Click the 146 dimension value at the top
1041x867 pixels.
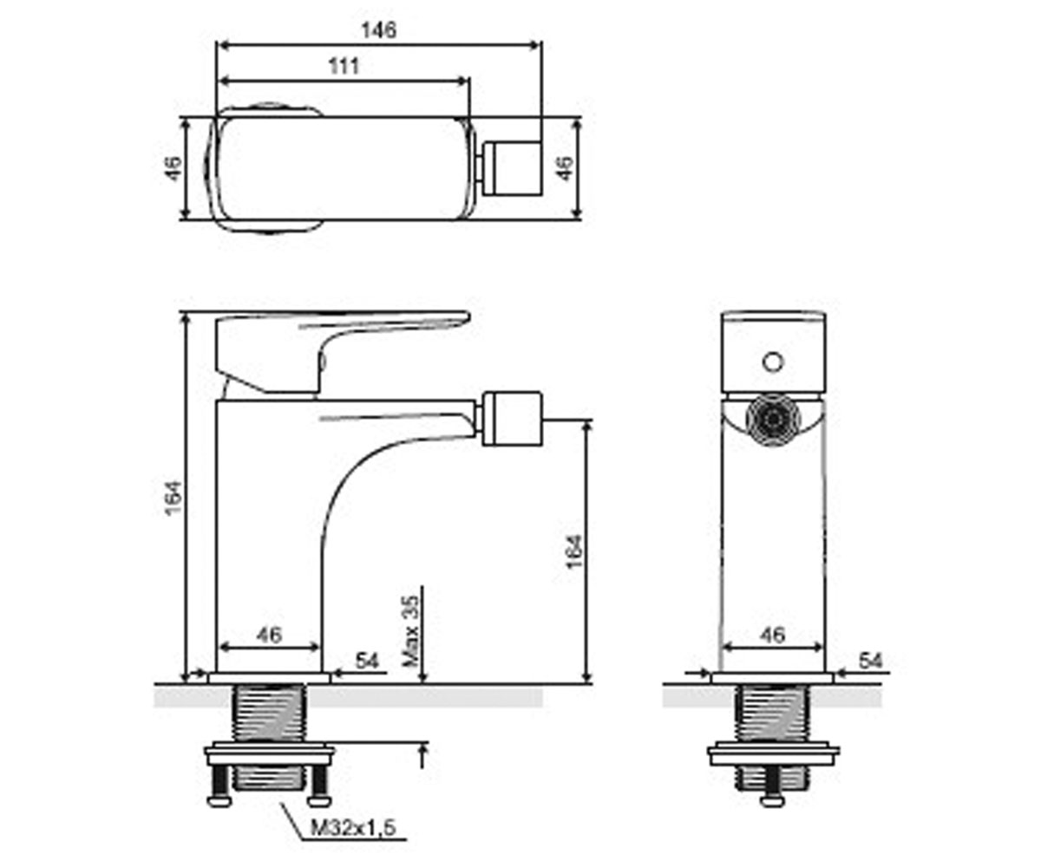(379, 29)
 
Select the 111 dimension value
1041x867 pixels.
(344, 66)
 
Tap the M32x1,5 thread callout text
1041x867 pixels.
(353, 828)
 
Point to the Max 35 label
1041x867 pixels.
(412, 631)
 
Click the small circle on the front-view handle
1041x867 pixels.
(773, 362)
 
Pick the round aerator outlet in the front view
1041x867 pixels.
(773, 420)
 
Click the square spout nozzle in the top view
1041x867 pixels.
(512, 168)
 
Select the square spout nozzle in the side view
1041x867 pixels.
(512, 419)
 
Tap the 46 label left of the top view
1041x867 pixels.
(172, 168)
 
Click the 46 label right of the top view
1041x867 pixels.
(565, 168)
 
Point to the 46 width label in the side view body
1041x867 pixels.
(269, 635)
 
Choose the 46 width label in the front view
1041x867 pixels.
(773, 635)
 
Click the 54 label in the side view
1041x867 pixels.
(367, 661)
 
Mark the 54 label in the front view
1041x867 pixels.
(870, 661)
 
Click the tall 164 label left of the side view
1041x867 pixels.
(173, 499)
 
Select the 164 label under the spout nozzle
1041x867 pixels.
(574, 551)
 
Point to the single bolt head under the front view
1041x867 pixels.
(773, 801)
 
